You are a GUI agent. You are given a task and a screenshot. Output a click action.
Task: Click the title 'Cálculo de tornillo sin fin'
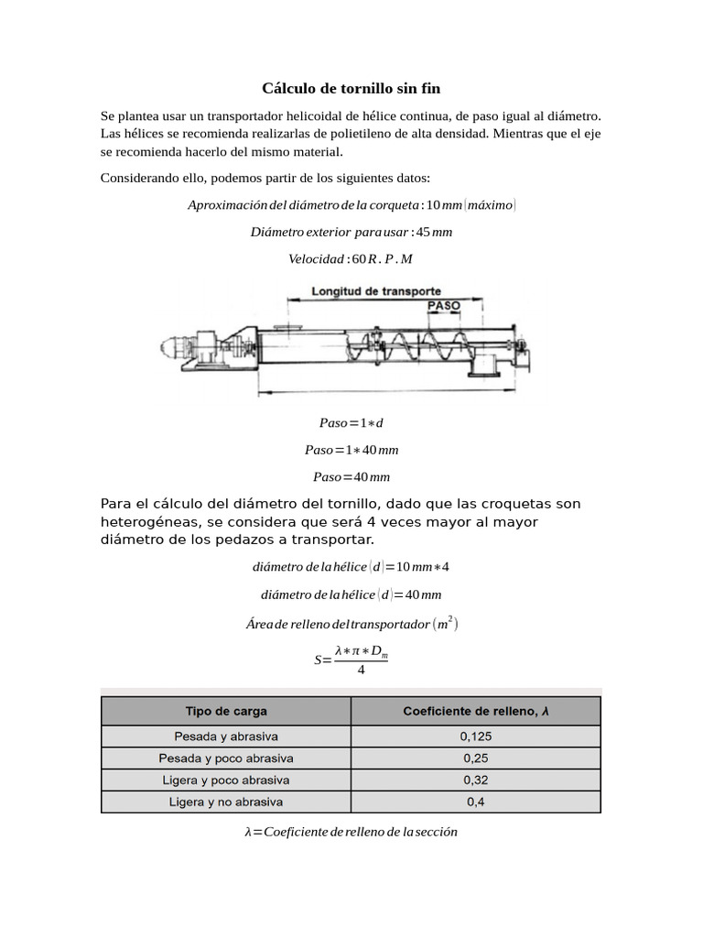351,88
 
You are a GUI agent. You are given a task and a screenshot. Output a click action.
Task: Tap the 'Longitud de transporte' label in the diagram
376,290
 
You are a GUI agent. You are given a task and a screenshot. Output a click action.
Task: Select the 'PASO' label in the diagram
443,305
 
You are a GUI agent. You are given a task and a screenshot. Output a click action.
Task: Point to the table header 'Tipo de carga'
226,711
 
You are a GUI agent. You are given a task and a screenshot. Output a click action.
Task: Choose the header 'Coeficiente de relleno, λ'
476,711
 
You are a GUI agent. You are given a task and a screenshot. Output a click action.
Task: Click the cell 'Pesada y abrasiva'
226,736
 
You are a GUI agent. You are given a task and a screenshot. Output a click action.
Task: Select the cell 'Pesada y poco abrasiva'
226,758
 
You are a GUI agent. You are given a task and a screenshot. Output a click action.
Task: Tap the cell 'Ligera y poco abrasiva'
226,780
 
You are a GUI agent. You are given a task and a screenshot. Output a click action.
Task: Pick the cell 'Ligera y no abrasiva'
226,802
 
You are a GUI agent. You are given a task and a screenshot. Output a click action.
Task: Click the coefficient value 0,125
476,736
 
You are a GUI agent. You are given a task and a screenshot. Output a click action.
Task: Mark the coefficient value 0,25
476,758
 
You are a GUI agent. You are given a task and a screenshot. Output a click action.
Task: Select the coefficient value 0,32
476,780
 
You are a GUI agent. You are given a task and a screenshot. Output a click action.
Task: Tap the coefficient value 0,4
476,802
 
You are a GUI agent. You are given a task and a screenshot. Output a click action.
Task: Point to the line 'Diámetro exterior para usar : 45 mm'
351,232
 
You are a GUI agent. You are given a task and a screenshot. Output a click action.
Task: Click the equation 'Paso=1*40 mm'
351,450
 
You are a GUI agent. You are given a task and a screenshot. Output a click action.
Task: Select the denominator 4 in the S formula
361,671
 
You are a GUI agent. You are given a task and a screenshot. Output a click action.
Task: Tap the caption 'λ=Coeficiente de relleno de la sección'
351,832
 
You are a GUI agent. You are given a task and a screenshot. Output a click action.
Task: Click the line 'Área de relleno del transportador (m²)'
351,624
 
